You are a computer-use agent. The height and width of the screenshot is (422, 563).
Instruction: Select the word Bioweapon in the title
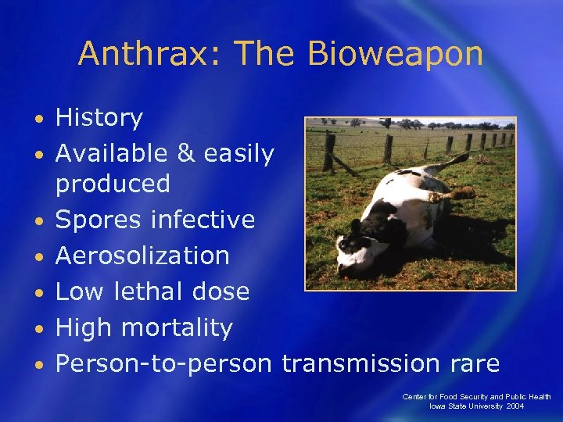[x=395, y=54]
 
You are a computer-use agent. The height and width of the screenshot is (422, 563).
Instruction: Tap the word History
[x=99, y=118]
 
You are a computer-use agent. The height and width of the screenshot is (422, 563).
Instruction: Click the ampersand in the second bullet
[x=185, y=154]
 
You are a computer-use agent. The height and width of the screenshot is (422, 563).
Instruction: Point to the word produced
[x=113, y=184]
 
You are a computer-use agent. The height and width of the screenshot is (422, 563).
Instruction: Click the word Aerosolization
[x=142, y=256]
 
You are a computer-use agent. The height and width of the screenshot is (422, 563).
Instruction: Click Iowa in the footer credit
[x=438, y=407]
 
